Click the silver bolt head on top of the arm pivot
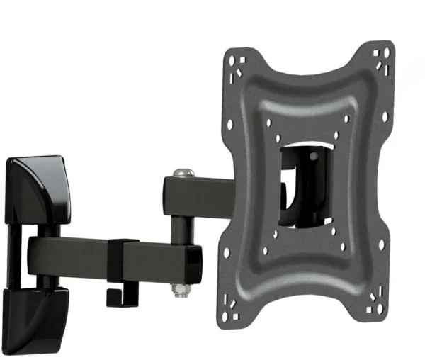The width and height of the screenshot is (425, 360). [x=183, y=172]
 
